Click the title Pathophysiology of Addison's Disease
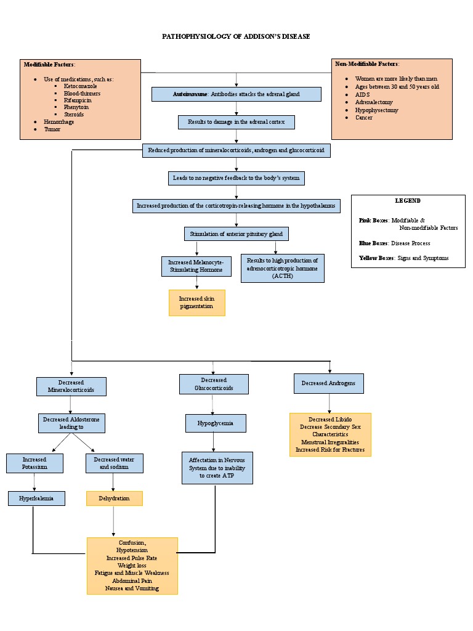coord(236,36)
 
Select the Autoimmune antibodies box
coord(236,94)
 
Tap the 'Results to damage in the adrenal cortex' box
coord(236,122)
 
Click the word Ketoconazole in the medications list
coord(80,86)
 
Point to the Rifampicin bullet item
coord(78,100)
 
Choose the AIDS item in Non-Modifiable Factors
coord(362,94)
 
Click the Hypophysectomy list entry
coord(376,110)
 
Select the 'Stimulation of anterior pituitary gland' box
coord(236,234)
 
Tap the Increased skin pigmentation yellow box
coord(197,303)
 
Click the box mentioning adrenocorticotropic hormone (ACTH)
coord(282,269)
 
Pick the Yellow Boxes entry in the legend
coord(403,258)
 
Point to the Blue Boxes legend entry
coord(394,243)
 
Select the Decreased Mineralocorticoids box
coord(71,386)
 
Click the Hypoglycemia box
coord(216,423)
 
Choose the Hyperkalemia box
coord(36,498)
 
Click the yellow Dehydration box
coord(114,498)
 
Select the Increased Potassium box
coord(34,463)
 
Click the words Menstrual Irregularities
coord(330,442)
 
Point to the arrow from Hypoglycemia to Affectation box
coord(214,442)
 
